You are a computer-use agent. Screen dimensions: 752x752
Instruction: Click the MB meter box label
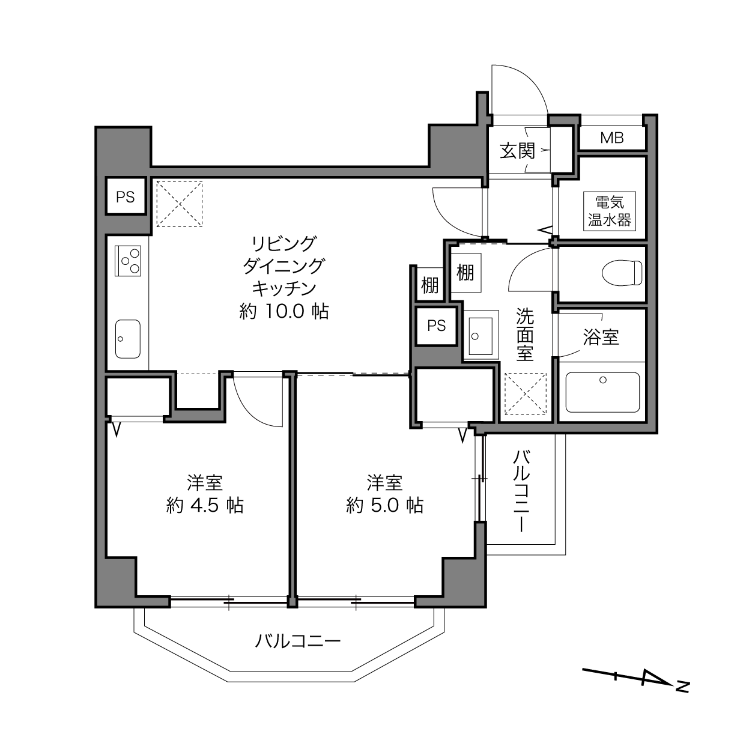pos(611,138)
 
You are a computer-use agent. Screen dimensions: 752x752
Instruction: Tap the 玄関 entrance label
pos(518,151)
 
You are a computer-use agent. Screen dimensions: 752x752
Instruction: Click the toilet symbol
pos(622,273)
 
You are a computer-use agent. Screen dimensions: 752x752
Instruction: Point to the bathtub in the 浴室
pos(602,392)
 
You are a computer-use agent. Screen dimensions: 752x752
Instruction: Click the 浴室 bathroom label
pos(601,337)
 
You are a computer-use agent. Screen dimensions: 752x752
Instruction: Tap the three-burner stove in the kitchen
pos(128,261)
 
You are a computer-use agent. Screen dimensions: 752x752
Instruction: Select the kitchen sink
pos(128,339)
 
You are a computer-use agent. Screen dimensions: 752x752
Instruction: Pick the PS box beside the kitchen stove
pos(126,196)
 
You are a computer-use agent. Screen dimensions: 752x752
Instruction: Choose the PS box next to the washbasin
pos(436,326)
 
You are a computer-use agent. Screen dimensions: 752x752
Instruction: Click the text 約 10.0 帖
pos(284,311)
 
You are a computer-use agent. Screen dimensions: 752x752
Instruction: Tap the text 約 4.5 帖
pos(205,505)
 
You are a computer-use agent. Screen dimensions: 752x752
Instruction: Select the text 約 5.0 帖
pos(385,505)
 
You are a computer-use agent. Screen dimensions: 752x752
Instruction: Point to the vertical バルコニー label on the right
pos(521,491)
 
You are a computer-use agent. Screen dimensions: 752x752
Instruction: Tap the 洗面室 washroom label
pos(525,334)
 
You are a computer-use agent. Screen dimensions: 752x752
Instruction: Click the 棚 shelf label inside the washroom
pos(465,272)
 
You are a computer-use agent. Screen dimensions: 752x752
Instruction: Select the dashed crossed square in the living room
pos(180,204)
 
